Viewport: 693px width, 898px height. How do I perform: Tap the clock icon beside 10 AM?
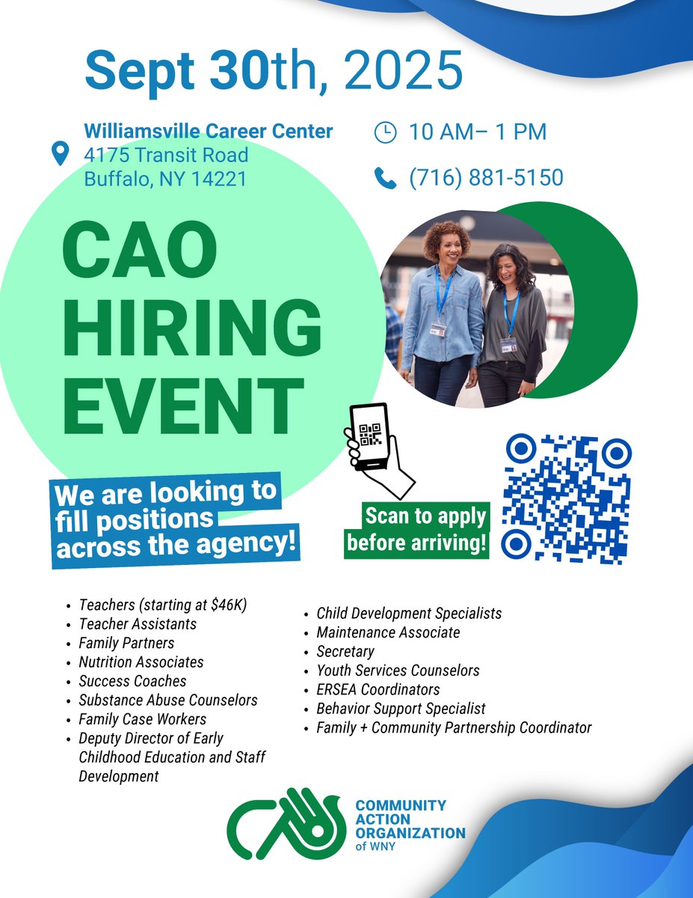click(385, 132)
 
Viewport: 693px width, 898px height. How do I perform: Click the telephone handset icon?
click(385, 178)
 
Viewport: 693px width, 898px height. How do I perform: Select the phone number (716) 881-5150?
click(486, 178)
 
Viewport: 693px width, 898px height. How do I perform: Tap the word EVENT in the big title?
click(183, 406)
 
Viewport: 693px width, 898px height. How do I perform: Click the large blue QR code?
click(567, 498)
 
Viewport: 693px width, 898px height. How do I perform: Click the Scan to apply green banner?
click(416, 530)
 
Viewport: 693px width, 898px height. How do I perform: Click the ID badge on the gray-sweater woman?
click(508, 343)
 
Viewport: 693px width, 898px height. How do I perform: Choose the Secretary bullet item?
click(345, 652)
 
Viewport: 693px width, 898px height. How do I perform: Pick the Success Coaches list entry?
click(132, 682)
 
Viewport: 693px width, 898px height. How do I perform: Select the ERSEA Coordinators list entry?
click(378, 689)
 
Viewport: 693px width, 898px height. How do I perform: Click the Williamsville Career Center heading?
click(209, 131)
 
